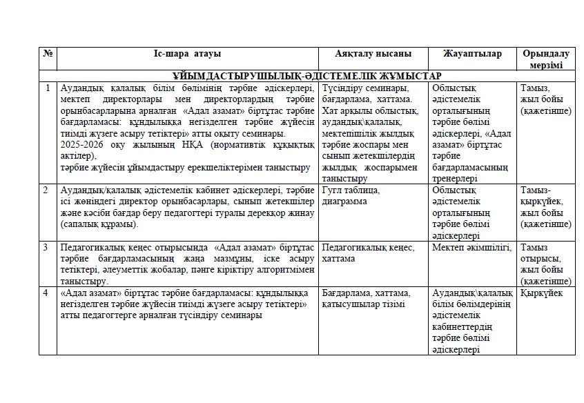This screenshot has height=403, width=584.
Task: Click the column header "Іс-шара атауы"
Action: [188, 54]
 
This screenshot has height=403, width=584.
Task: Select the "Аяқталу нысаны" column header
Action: [373, 54]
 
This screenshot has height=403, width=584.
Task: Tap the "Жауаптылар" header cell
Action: [473, 54]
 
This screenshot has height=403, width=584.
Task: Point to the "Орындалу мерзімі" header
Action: [546, 59]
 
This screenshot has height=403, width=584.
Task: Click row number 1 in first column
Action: [47, 88]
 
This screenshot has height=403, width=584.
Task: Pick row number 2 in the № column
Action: [47, 190]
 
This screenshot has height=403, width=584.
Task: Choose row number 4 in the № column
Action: [47, 293]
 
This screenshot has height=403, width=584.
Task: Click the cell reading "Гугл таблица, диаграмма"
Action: [351, 195]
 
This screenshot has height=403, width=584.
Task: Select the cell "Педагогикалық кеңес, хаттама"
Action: [369, 253]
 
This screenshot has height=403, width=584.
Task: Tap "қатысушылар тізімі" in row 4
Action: [363, 304]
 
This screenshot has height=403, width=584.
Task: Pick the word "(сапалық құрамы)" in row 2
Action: [99, 224]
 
